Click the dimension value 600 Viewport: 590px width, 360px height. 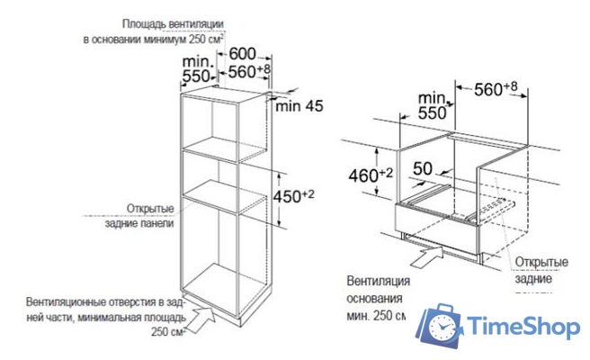coord(246,54)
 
